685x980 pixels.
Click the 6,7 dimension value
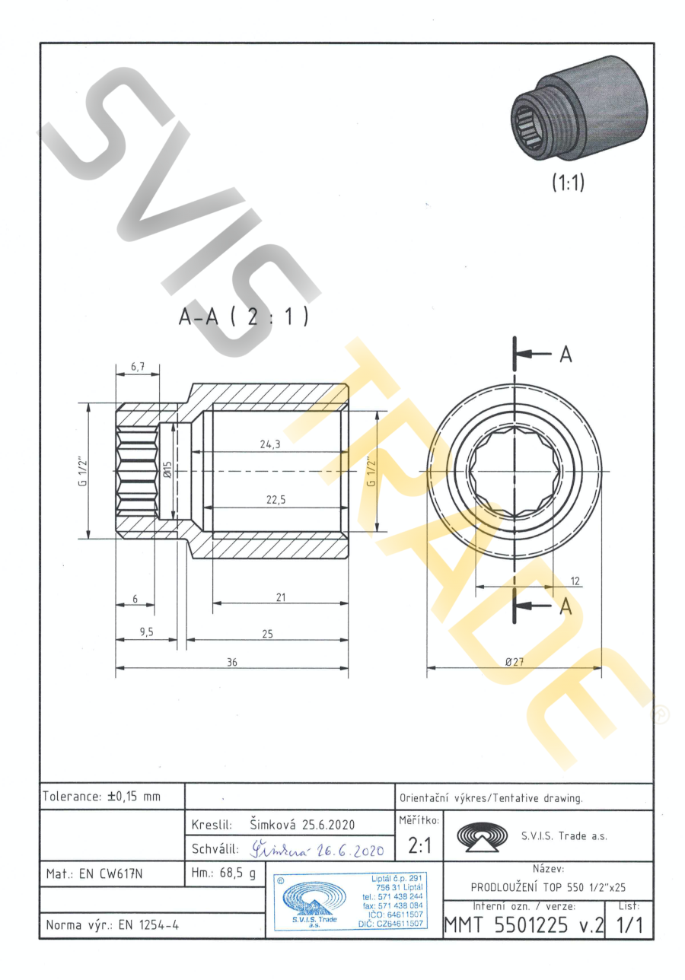(x=138, y=366)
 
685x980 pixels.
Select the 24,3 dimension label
(x=270, y=444)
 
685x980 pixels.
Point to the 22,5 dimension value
(x=276, y=500)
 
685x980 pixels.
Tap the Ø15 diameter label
(x=167, y=469)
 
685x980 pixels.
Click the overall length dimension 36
(x=232, y=663)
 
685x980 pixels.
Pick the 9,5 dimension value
(x=147, y=632)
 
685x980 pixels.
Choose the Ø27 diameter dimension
(x=515, y=662)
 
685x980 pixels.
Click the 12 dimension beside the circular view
(x=575, y=581)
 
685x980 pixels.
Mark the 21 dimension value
(x=281, y=597)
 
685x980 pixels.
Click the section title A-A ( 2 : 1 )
(x=244, y=317)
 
